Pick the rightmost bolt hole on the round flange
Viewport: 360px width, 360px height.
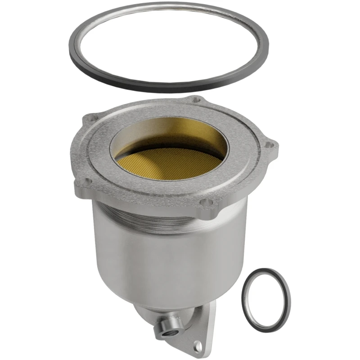(x=270, y=144)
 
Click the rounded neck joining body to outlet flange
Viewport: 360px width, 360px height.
(x=180, y=310)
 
